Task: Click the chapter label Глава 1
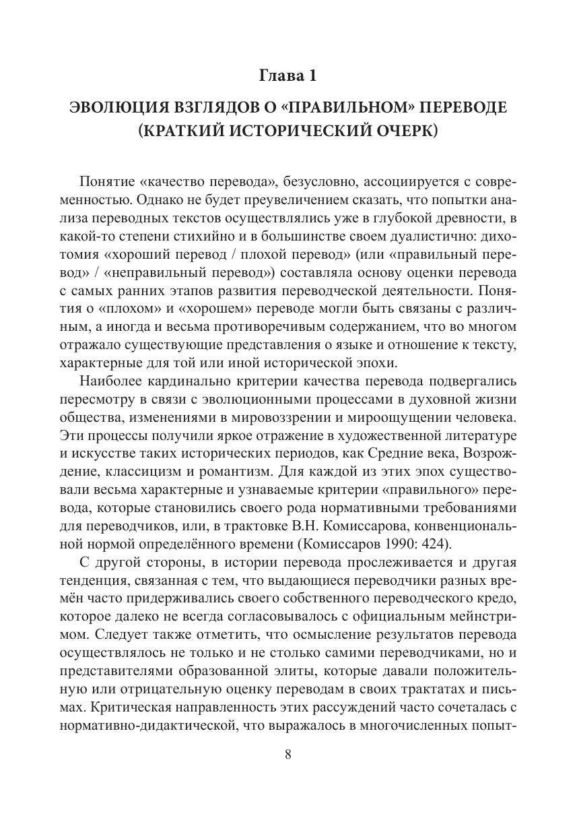click(287, 76)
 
